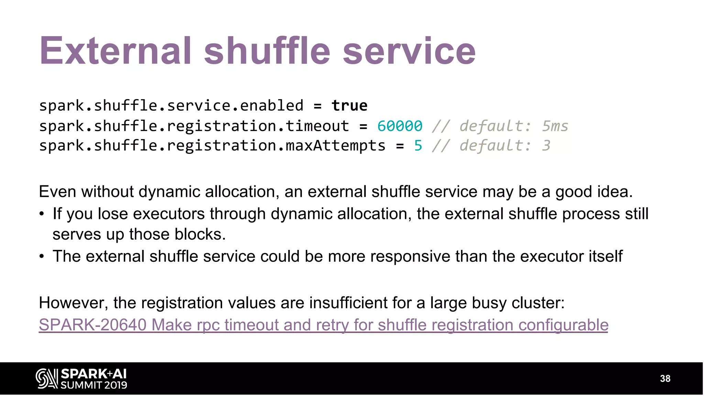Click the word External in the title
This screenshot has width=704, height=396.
point(115,51)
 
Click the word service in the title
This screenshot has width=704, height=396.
point(409,51)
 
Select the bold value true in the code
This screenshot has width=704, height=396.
point(349,106)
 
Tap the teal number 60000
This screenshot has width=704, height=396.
point(399,126)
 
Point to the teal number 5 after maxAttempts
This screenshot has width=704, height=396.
point(418,146)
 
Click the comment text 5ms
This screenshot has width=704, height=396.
point(555,126)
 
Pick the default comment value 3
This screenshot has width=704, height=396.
point(546,146)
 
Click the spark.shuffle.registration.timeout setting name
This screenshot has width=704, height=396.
point(194,126)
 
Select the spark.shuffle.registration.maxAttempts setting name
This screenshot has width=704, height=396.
point(212,146)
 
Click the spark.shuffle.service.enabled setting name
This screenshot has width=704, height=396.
point(171,106)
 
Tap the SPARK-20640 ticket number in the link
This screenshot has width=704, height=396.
point(92,325)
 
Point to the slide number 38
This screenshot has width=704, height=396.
point(665,378)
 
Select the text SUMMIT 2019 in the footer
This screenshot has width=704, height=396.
point(94,385)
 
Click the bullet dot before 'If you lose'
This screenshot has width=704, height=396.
point(42,214)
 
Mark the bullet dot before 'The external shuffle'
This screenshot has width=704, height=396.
point(42,256)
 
